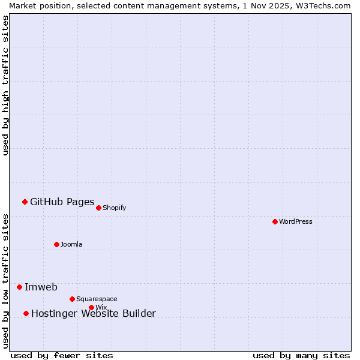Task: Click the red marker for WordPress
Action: [275, 221]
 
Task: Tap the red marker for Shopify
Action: [98, 208]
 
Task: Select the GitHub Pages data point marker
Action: [25, 202]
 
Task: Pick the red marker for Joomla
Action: [56, 244]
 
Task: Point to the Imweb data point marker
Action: [19, 287]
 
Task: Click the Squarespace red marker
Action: [72, 299]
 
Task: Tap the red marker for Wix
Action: [91, 307]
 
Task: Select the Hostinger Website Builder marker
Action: [26, 313]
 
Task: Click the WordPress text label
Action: [296, 221]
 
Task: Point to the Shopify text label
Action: [115, 208]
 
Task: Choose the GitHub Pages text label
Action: [62, 202]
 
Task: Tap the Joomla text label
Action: [71, 244]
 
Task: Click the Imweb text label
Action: [41, 287]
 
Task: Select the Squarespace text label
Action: [97, 299]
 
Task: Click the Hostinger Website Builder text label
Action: [93, 313]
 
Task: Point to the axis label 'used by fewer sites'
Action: [62, 355]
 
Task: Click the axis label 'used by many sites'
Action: [301, 355]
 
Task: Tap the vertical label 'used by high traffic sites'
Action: [5, 85]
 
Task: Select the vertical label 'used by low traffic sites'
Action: [5, 280]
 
